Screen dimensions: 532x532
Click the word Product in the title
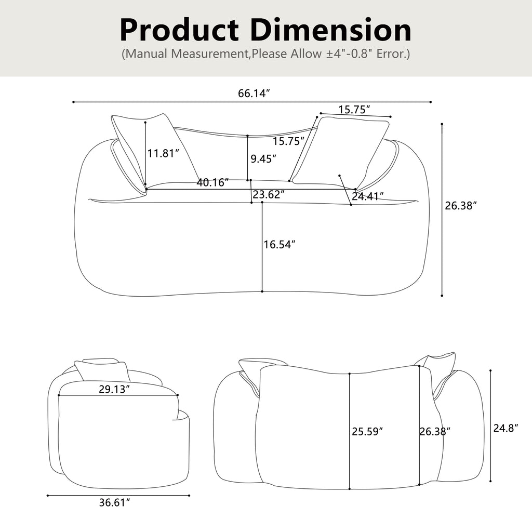click(179, 31)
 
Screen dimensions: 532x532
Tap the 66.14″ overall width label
click(254, 94)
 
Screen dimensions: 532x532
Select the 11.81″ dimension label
click(163, 153)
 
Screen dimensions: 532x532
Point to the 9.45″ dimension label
click(263, 158)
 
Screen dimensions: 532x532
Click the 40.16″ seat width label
click(212, 182)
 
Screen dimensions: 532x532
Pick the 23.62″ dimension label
click(269, 194)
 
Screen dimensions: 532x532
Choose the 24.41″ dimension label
click(368, 196)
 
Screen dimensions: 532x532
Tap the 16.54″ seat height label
click(280, 244)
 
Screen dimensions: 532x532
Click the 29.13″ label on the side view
click(114, 389)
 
